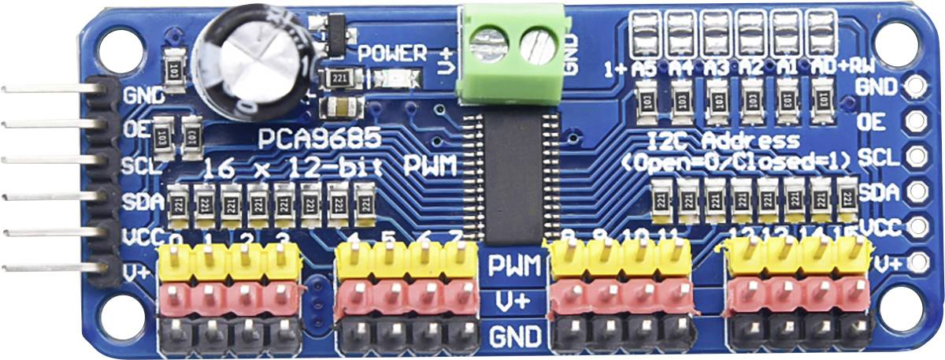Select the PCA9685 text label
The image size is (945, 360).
(x=321, y=140)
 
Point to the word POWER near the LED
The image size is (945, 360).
(x=392, y=54)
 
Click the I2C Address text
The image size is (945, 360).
(x=724, y=142)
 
